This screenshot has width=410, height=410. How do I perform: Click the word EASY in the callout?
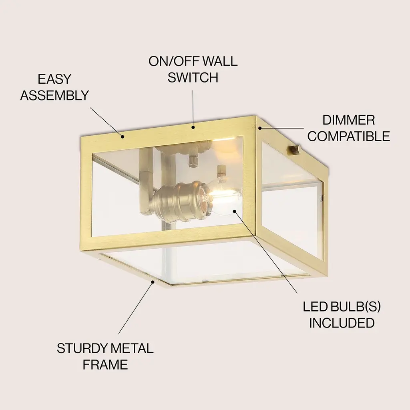54,79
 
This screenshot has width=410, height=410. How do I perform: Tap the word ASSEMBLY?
54,95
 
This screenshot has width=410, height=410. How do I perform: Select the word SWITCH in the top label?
193,78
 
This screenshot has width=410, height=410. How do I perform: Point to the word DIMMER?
349,120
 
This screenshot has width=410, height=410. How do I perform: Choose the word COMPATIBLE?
349,136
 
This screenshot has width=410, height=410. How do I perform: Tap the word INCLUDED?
342,323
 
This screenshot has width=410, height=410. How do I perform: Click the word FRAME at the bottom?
105,365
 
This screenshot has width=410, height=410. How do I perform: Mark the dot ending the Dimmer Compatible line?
260,128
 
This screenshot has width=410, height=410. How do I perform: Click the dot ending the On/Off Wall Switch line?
193,127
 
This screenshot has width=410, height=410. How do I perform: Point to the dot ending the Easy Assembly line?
122,136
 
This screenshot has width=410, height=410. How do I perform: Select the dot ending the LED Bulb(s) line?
235,211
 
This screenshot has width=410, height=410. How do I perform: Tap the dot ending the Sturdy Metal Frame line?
153,281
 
